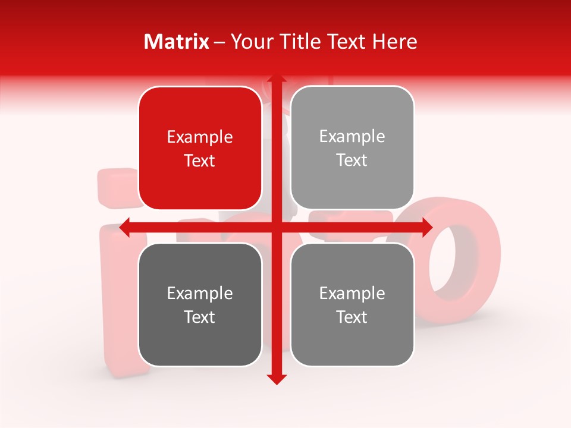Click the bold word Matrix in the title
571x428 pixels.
click(x=177, y=42)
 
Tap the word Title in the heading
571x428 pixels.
click(x=299, y=42)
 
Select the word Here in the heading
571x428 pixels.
click(x=394, y=42)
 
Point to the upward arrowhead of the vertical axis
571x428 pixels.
click(x=276, y=79)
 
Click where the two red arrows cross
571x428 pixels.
click(x=276, y=228)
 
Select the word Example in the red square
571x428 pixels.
click(x=200, y=137)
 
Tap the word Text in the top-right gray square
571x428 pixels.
click(x=352, y=160)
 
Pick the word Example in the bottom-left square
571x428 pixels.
click(x=200, y=293)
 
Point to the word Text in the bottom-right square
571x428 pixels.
click(x=352, y=317)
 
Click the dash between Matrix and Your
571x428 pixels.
click(x=219, y=42)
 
